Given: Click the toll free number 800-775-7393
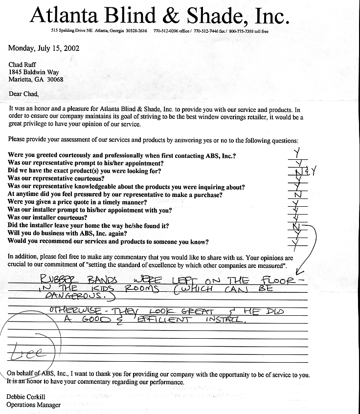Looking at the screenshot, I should pos(251,31).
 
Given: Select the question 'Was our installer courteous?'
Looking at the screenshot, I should pos(48,218).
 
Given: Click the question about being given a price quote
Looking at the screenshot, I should pos(78,202).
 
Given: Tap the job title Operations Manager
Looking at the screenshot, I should pos(33,405).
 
